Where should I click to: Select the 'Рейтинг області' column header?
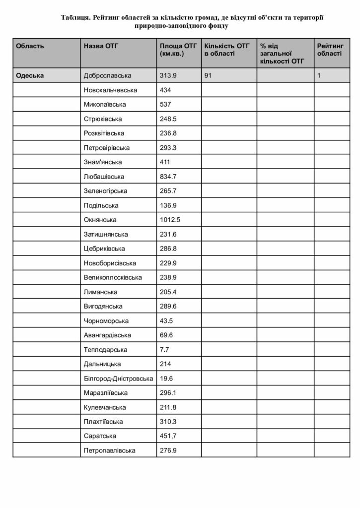click(x=329, y=50)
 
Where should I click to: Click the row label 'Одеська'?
click(x=30, y=75)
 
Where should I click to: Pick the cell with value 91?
click(x=208, y=75)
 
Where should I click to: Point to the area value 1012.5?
click(x=170, y=220)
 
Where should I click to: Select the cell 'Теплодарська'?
click(x=106, y=350)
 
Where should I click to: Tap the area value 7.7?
click(x=165, y=350)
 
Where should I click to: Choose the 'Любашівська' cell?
click(x=104, y=177)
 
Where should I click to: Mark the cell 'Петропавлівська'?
click(x=110, y=450)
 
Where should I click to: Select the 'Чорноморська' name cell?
click(x=107, y=321)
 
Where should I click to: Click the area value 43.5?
click(x=166, y=321)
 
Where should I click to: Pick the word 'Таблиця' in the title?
click(x=75, y=17)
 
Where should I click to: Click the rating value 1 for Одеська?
click(x=319, y=75)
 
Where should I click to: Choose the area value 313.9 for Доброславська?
click(x=168, y=75)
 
